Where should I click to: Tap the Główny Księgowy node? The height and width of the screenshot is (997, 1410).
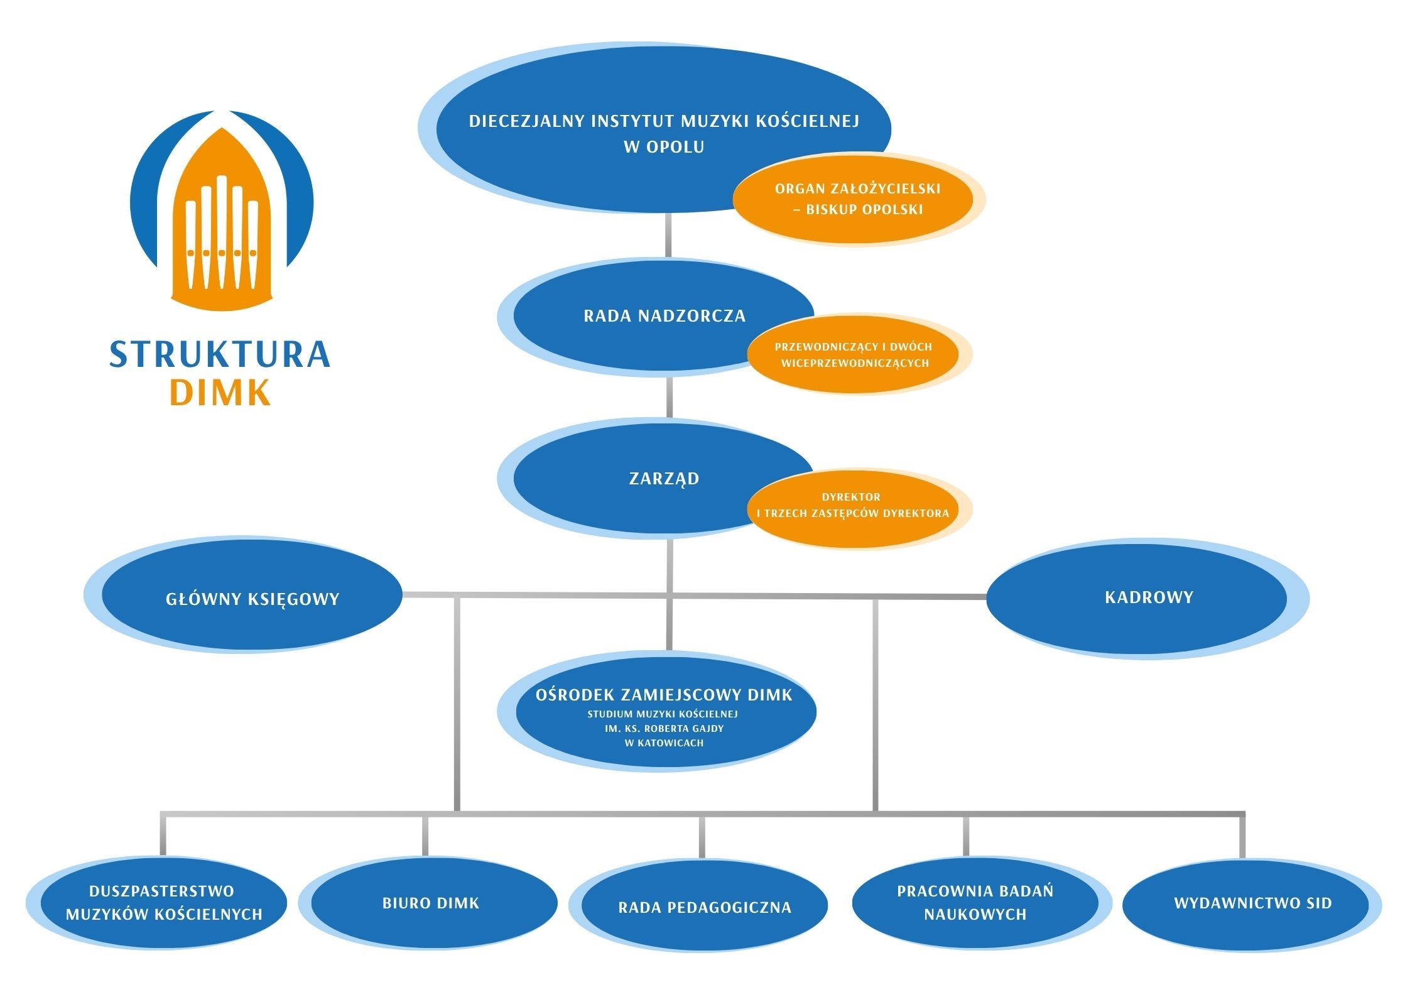(252, 599)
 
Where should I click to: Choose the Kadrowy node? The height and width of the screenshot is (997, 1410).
(1148, 597)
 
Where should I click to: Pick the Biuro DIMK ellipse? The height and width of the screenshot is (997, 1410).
(431, 903)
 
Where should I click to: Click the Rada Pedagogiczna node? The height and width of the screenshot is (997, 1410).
(704, 907)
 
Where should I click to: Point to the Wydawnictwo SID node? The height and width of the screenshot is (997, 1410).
(1252, 903)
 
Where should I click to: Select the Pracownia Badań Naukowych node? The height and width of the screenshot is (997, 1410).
(975, 903)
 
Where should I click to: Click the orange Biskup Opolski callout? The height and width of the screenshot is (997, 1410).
(857, 199)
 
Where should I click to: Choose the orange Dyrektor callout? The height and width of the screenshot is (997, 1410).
(852, 505)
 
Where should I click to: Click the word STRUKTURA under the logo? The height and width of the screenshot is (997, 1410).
(220, 354)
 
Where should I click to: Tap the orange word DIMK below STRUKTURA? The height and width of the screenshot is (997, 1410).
(220, 393)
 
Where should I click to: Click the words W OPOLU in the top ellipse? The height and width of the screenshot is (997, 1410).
(664, 147)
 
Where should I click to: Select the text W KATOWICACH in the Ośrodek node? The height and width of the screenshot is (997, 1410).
(664, 743)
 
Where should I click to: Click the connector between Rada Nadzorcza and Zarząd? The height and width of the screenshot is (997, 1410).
(669, 397)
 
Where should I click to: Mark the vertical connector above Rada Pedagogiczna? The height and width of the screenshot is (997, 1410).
(702, 837)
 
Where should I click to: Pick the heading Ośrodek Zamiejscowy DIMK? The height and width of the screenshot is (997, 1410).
(664, 695)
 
